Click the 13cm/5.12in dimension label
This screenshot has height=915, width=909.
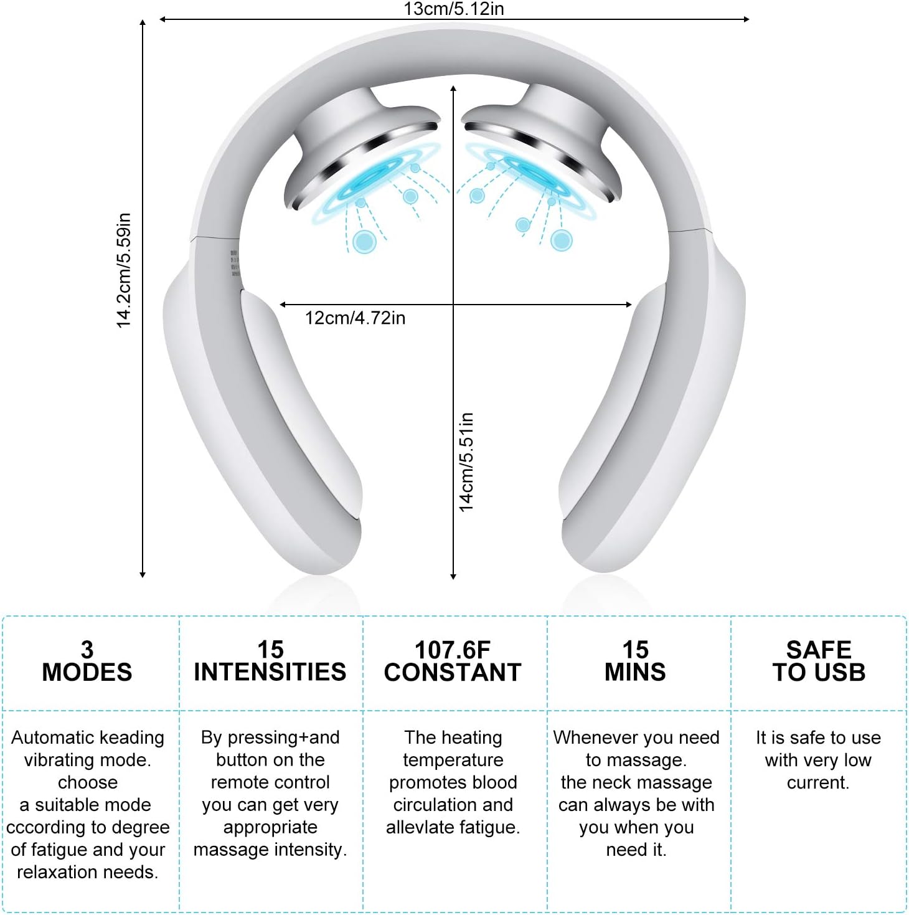(453, 9)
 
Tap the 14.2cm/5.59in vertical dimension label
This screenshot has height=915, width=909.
(124, 270)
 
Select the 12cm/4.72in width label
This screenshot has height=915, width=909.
(355, 318)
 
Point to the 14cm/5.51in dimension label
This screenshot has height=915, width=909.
(466, 462)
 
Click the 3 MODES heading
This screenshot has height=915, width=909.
(87, 661)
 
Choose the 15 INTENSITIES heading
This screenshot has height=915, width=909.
(270, 661)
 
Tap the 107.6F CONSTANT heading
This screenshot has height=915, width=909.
(453, 661)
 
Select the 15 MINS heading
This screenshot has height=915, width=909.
(636, 661)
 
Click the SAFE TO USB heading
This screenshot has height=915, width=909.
(819, 661)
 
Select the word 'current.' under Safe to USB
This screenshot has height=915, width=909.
(818, 782)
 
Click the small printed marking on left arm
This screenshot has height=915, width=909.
(235, 263)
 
